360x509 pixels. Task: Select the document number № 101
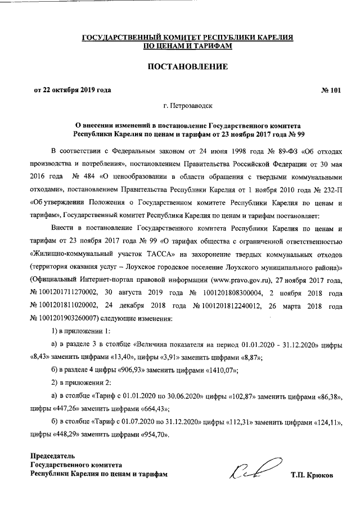tap(330, 90)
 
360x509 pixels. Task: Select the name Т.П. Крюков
tap(312, 475)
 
